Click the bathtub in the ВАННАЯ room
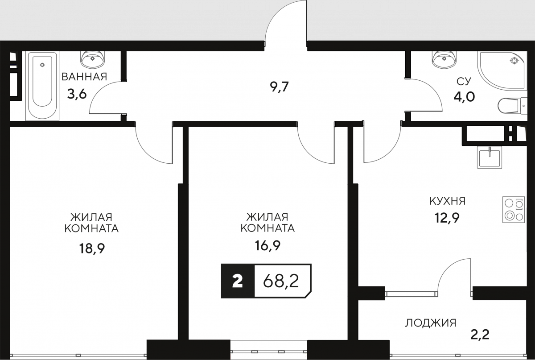42,86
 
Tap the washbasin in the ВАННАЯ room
93,59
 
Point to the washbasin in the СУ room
444,59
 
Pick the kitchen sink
490,157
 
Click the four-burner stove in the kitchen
514,210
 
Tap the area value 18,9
92,249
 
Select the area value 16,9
267,245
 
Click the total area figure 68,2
281,281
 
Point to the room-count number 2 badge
238,281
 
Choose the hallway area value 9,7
279,87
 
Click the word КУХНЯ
448,201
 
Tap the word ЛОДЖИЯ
431,323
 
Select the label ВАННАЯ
84,77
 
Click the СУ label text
464,82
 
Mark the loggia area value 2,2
480,335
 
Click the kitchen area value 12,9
447,218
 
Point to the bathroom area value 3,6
77,94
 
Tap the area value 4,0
464,97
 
